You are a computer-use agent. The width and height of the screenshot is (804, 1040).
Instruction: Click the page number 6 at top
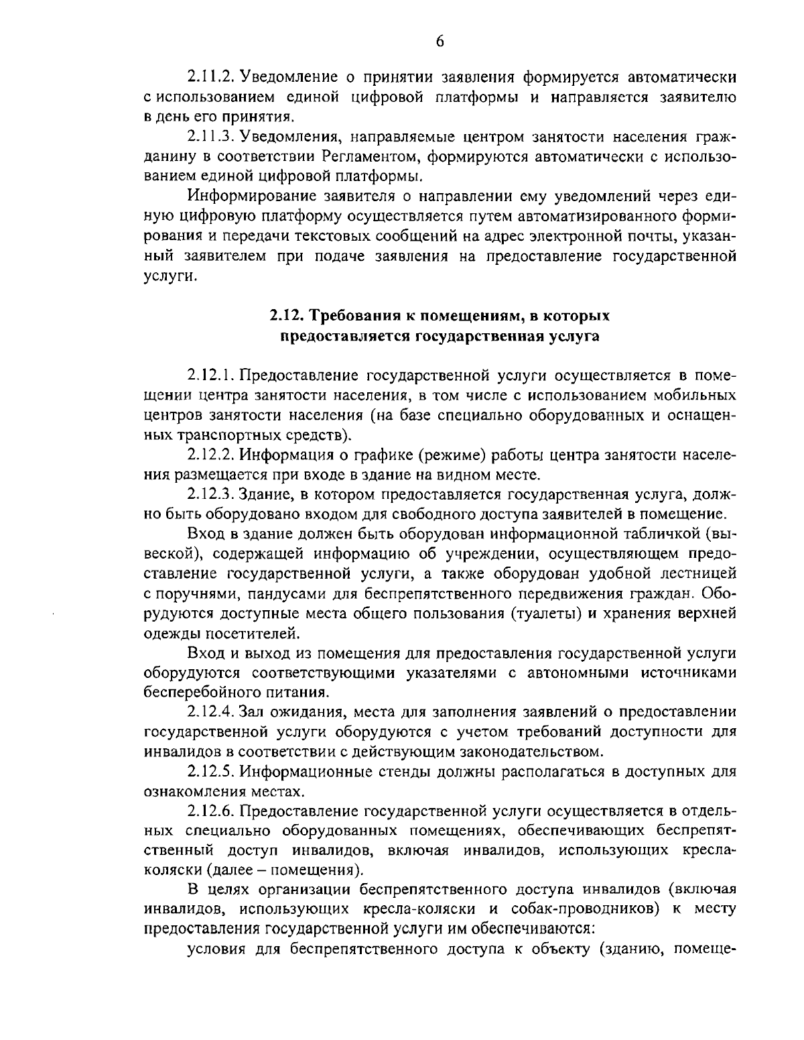click(x=440, y=41)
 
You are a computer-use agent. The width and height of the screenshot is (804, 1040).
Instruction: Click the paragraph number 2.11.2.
click(x=210, y=76)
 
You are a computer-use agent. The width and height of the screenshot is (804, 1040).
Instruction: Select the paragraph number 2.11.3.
click(x=210, y=138)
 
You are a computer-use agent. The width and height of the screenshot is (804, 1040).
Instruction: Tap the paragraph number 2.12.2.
click(x=210, y=455)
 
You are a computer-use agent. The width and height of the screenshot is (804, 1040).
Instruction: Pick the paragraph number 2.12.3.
click(x=210, y=495)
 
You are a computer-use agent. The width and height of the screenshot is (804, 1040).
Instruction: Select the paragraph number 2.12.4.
click(x=210, y=711)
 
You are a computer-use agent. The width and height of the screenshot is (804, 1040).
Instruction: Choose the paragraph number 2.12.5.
click(x=210, y=771)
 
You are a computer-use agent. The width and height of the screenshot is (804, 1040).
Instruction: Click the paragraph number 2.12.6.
click(x=210, y=811)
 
